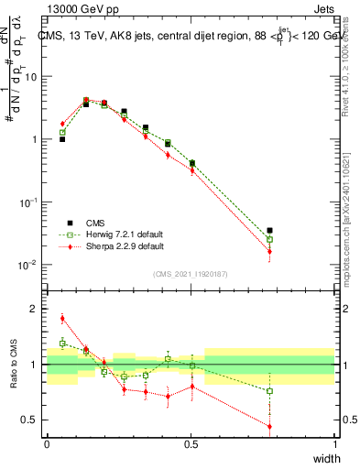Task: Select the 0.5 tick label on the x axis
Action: coord(191,443)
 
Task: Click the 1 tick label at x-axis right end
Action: coord(334,443)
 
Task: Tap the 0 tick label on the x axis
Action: coord(47,443)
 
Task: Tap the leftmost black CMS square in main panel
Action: coord(62,139)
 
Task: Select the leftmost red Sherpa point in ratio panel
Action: coord(62,319)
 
